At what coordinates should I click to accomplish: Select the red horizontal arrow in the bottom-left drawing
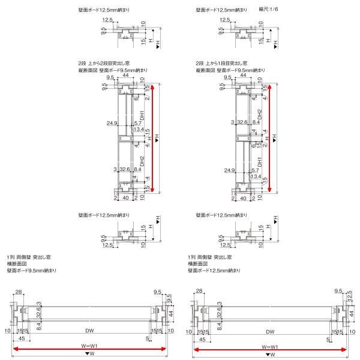tap(89, 348)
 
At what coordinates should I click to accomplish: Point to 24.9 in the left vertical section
tap(112, 124)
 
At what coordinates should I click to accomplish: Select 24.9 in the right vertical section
tap(229, 171)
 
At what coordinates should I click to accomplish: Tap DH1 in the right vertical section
tap(260, 162)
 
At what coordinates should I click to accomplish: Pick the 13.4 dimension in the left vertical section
tap(139, 130)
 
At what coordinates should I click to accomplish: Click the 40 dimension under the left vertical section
tap(125, 197)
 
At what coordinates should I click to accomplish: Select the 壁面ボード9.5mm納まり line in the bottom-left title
tap(31, 271)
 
